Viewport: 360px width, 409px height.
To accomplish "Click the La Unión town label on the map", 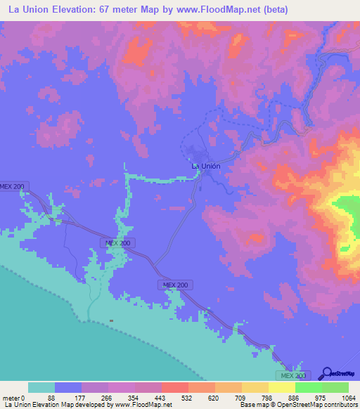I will point(206,166).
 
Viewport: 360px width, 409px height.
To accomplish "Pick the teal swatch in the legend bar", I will point(41,387).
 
